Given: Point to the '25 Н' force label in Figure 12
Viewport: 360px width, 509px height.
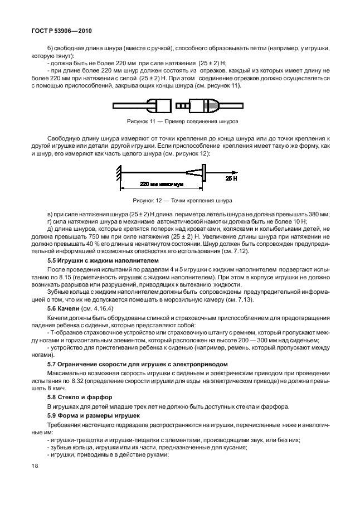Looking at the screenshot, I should click(x=231, y=178).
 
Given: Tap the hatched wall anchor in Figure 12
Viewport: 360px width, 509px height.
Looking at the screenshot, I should click(x=119, y=173).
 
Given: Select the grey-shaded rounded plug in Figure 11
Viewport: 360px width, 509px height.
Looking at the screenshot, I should click(x=205, y=105).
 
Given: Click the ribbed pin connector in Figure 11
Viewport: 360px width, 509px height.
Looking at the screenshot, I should click(x=183, y=105).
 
